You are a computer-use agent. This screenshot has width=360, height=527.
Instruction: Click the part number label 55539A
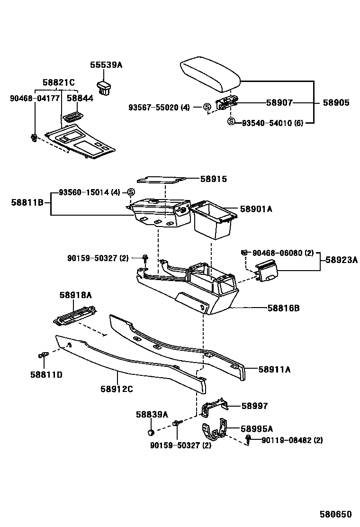[106, 65]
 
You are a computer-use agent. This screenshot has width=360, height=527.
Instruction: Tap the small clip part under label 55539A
[105, 87]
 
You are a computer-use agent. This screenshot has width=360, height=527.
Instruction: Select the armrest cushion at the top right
[210, 73]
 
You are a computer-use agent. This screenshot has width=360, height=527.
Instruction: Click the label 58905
[336, 102]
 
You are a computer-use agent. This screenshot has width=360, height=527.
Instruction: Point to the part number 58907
[279, 102]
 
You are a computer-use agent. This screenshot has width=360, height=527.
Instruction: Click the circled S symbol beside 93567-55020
[207, 108]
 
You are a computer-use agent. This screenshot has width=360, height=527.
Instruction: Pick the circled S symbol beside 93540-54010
[231, 122]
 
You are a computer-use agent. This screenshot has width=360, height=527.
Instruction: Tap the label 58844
[80, 98]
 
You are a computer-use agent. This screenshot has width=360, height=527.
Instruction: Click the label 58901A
[256, 209]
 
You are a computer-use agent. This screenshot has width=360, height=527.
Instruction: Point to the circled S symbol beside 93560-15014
[132, 192]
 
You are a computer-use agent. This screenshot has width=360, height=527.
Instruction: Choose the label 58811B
[27, 202]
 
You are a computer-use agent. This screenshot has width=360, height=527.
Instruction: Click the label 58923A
[341, 260]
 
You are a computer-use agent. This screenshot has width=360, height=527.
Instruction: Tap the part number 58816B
[283, 308]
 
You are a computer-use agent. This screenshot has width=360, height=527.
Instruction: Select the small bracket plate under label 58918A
[75, 315]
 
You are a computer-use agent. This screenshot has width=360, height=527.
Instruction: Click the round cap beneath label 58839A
[150, 432]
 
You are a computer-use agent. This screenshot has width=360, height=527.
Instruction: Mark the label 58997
[254, 406]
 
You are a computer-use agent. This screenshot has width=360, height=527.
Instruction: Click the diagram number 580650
[335, 514]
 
